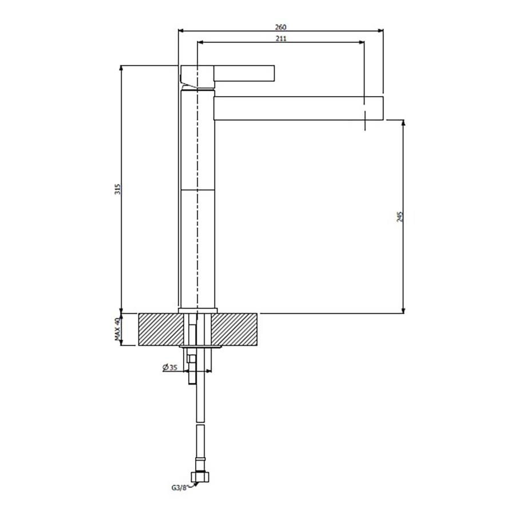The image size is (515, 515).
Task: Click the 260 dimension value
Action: (x=280, y=27)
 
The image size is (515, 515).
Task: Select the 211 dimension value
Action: (x=281, y=38)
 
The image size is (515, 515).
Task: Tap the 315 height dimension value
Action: (x=117, y=189)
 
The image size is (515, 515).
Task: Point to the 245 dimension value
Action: (x=400, y=217)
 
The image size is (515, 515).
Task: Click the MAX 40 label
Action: (x=117, y=328)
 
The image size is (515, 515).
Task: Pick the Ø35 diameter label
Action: (x=170, y=367)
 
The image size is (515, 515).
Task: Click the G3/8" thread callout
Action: (x=179, y=488)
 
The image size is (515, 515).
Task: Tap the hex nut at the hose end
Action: (x=200, y=477)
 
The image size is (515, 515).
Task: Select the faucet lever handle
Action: (x=244, y=73)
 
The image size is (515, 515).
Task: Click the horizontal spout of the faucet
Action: (x=299, y=108)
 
